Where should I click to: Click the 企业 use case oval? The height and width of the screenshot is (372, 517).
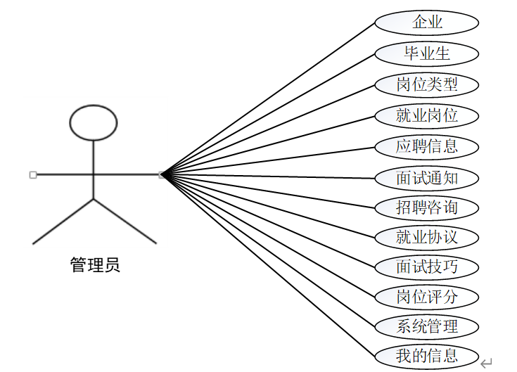pyautogui.click(x=427, y=22)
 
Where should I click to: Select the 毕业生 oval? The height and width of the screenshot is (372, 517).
pyautogui.click(x=427, y=53)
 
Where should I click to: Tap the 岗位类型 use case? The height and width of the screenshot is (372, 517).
pyautogui.click(x=427, y=84)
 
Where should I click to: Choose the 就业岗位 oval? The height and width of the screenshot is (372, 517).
pyautogui.click(x=427, y=115)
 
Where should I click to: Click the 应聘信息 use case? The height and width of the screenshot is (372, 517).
pyautogui.click(x=427, y=146)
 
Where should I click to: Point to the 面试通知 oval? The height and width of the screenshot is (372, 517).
pyautogui.click(x=427, y=177)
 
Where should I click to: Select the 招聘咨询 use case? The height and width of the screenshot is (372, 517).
pyautogui.click(x=427, y=207)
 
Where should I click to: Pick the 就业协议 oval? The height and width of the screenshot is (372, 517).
pyautogui.click(x=427, y=237)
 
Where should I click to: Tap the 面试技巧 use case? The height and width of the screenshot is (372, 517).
pyautogui.click(x=427, y=267)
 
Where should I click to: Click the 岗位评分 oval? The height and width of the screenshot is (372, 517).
pyautogui.click(x=427, y=297)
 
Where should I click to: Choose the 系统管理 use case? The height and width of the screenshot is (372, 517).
pyautogui.click(x=427, y=326)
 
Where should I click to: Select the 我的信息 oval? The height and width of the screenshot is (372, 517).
pyautogui.click(x=427, y=356)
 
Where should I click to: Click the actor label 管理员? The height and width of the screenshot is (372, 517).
pyautogui.click(x=95, y=265)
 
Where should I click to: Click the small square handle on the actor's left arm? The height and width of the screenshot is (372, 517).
pyautogui.click(x=33, y=174)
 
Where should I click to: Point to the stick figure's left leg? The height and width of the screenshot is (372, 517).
pyautogui.click(x=63, y=222)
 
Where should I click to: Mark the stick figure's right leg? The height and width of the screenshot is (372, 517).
pyautogui.click(x=125, y=222)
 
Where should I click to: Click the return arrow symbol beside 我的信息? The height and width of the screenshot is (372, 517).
pyautogui.click(x=486, y=363)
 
